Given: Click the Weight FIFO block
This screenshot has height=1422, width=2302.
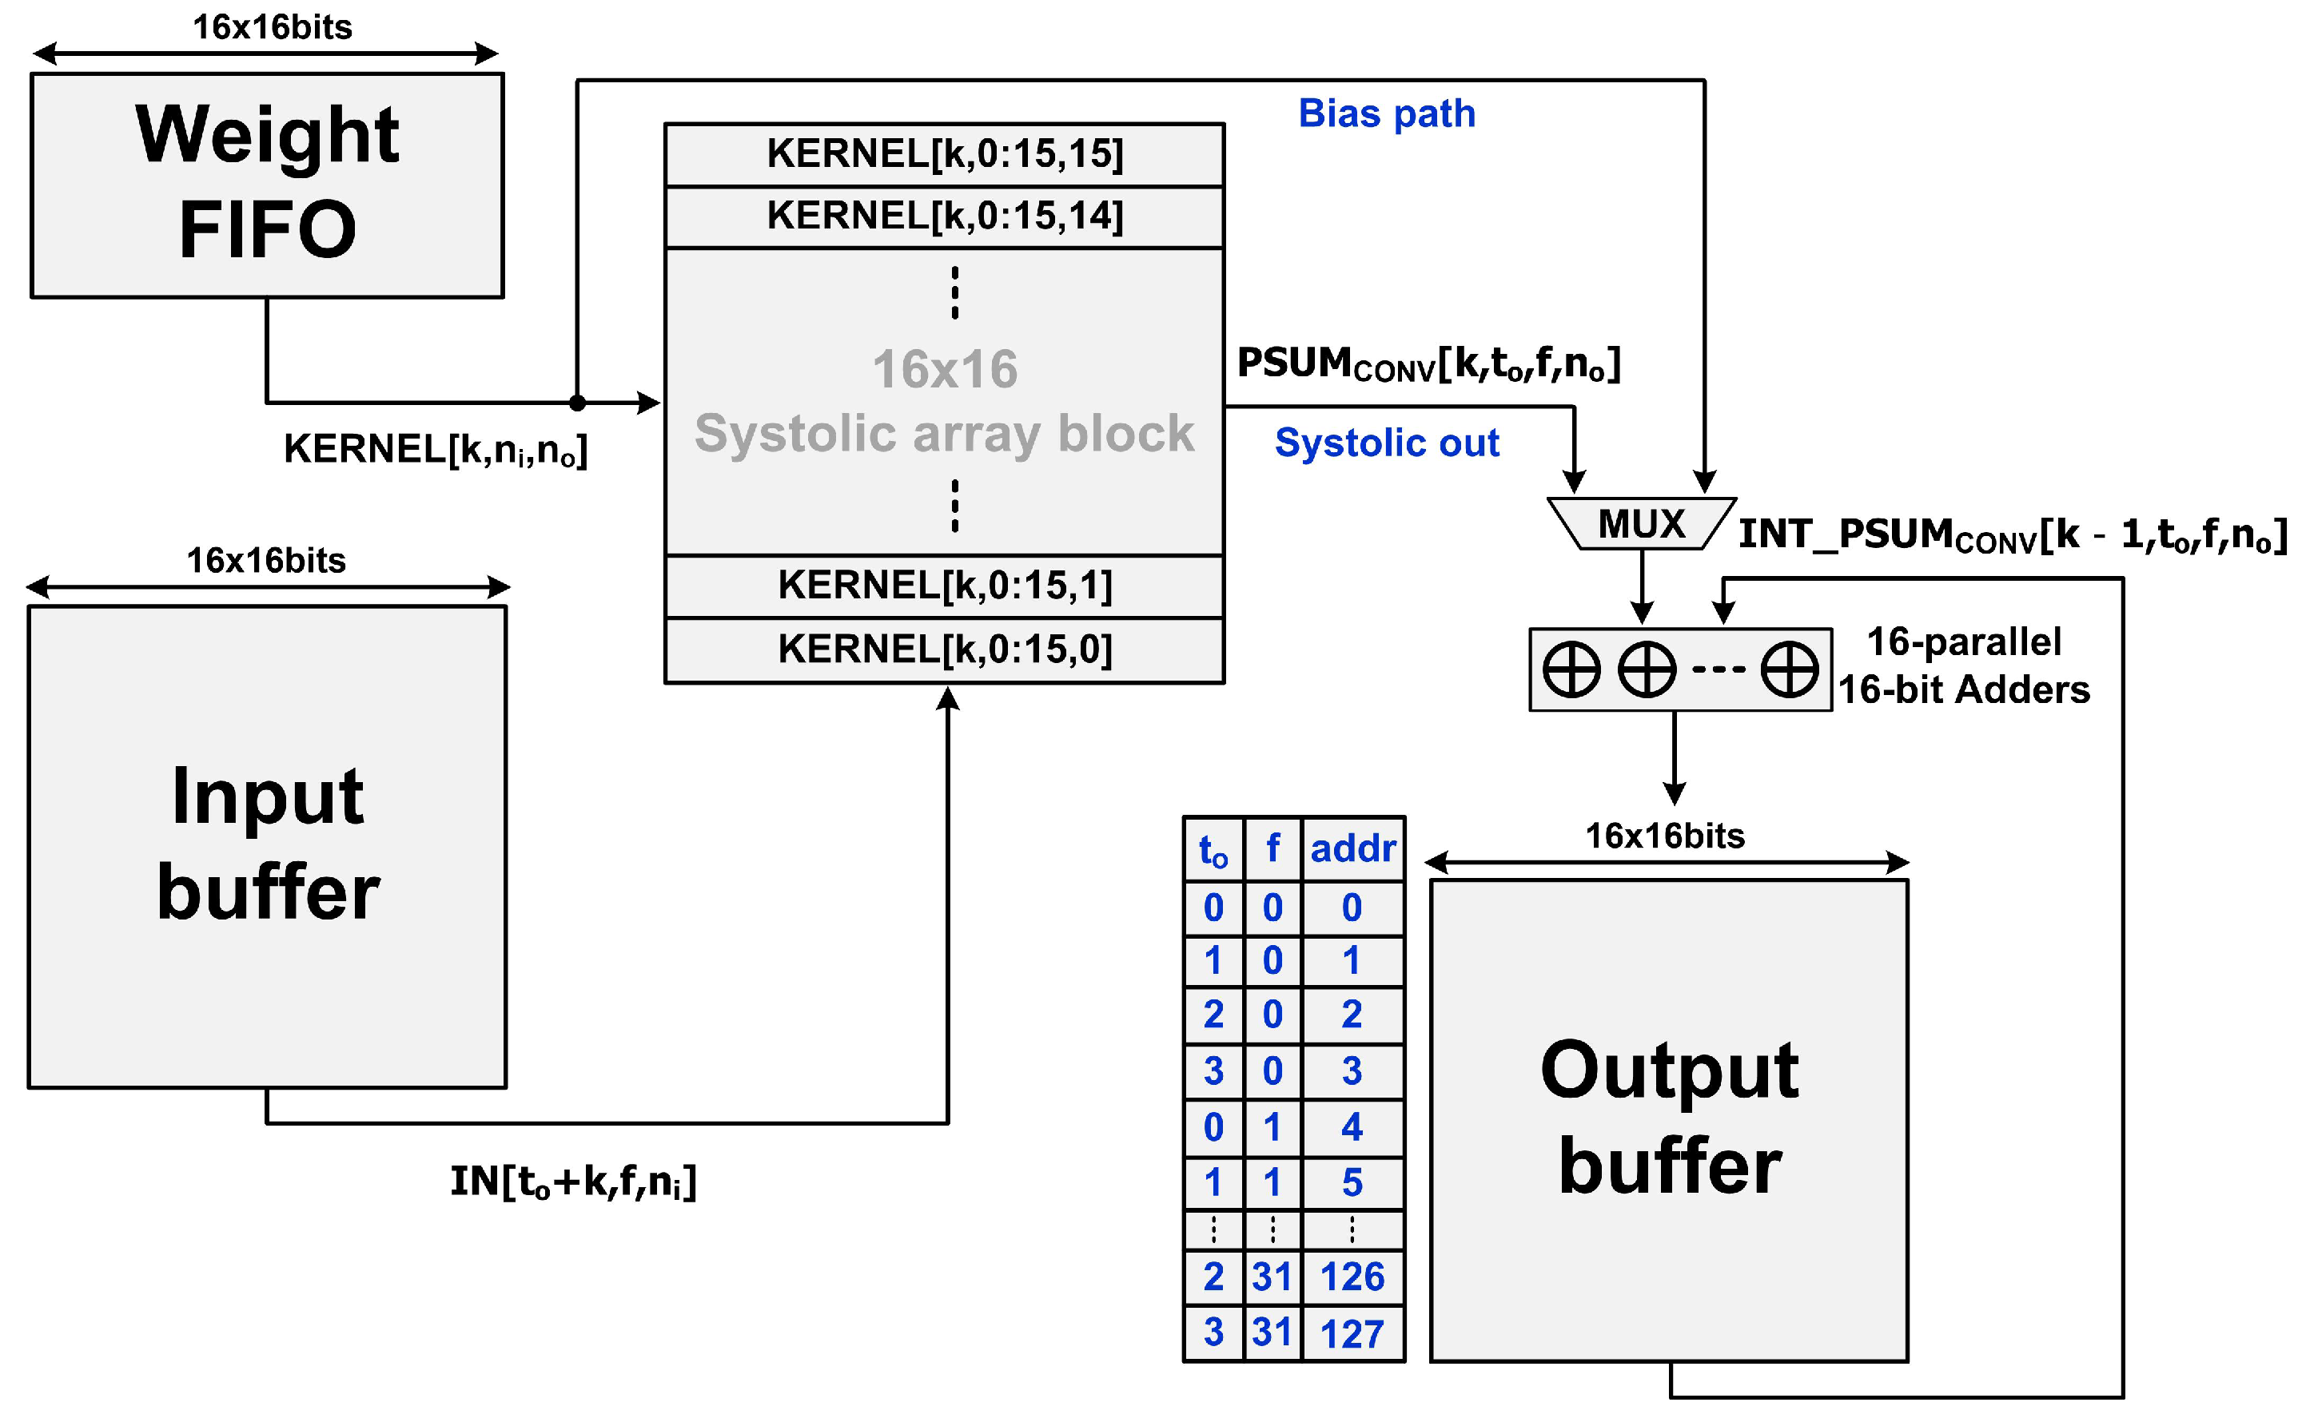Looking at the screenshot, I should [267, 185].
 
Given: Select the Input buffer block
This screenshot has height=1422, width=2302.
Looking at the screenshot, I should [267, 847].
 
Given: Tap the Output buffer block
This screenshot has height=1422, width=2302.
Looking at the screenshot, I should [1668, 1119].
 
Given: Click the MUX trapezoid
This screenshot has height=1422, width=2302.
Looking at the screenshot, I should [1641, 524].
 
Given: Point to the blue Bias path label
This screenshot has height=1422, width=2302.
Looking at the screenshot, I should [1386, 113].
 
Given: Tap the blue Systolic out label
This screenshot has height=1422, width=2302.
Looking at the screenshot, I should [1386, 443].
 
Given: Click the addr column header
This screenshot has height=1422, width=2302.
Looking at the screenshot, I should [1352, 848].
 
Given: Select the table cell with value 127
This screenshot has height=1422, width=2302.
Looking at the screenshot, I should [1352, 1333].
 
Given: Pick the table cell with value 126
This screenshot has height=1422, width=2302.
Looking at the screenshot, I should [1352, 1277].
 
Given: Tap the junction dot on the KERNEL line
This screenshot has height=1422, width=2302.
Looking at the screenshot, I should [578, 403].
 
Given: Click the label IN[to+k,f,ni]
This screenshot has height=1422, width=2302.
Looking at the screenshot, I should [573, 1182].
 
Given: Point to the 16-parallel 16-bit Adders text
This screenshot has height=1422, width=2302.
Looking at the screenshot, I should [1963, 665].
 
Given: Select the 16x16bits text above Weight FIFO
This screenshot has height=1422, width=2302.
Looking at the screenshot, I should [272, 27].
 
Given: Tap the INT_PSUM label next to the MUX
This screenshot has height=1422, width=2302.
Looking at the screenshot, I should [2011, 535].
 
